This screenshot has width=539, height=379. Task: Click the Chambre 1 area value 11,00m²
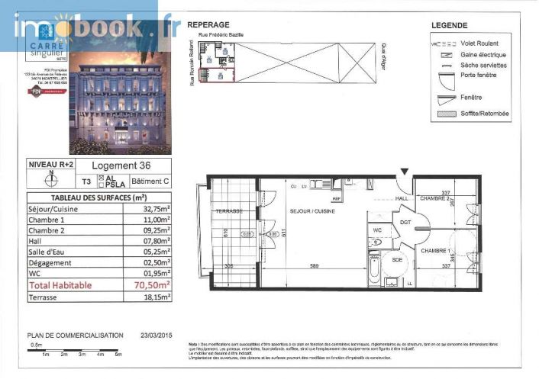(154, 218)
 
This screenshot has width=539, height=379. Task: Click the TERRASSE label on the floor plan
(228, 210)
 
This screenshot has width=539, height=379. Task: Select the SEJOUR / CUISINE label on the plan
(311, 210)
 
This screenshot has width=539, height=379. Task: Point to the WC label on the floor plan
(377, 228)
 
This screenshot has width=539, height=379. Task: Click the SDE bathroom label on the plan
(397, 259)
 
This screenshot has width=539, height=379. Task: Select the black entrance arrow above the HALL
(404, 172)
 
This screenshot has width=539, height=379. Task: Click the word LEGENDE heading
(449, 25)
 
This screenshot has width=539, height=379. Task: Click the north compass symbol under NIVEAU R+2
(51, 181)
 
